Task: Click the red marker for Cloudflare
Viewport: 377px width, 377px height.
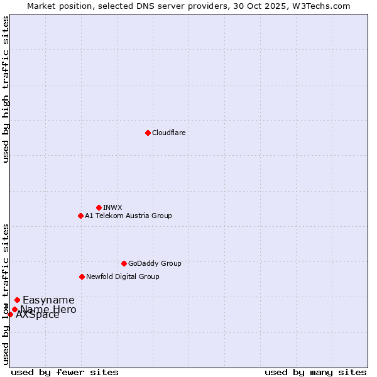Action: tap(148, 133)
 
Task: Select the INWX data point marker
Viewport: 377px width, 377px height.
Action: tap(99, 207)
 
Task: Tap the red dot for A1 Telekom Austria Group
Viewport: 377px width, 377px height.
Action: tap(80, 216)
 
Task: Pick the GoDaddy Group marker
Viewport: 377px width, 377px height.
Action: tap(124, 263)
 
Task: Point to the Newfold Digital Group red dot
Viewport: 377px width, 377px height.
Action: tap(82, 276)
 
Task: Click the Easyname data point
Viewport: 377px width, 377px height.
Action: tap(17, 300)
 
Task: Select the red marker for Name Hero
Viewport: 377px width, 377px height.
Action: tap(14, 309)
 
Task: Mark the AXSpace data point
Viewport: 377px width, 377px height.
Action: tap(10, 314)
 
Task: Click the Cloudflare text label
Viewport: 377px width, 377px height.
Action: tap(169, 133)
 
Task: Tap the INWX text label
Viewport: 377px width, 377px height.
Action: tap(112, 207)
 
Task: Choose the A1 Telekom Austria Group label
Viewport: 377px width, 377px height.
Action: tap(128, 216)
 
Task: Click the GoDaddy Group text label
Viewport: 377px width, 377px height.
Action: tap(155, 263)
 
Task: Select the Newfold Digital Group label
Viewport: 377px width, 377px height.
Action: tap(123, 276)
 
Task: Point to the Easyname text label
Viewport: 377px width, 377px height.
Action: tap(48, 300)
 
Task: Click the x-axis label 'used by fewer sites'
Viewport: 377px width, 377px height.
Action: tap(65, 372)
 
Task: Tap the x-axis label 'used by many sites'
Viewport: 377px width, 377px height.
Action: tap(315, 372)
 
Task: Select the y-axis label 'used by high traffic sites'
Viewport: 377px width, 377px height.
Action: tap(6, 89)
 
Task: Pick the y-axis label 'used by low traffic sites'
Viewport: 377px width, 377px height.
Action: tap(6, 294)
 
